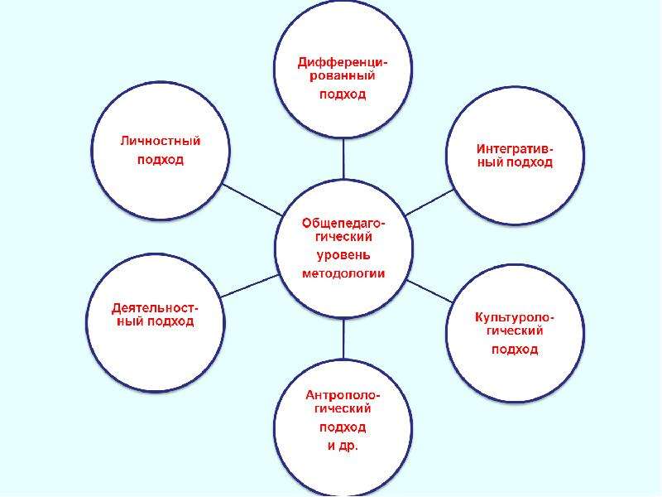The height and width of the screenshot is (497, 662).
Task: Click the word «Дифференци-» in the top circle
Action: click(x=343, y=63)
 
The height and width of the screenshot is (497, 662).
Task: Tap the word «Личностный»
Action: click(x=161, y=140)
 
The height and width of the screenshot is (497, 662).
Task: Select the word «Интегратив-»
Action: click(x=515, y=149)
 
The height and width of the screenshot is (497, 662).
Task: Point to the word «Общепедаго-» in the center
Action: click(x=343, y=223)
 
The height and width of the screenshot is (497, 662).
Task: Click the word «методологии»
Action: click(x=343, y=273)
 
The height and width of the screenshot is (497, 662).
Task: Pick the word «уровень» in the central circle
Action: click(x=343, y=255)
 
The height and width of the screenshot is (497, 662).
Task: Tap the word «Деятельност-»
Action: click(x=155, y=308)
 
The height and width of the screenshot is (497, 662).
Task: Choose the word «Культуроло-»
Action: click(x=515, y=317)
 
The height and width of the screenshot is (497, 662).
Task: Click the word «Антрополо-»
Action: click(x=343, y=395)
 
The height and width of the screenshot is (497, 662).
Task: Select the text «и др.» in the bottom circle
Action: click(x=343, y=446)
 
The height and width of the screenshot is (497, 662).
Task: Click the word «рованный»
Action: click(x=343, y=76)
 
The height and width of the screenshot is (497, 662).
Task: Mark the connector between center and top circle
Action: click(x=343, y=158)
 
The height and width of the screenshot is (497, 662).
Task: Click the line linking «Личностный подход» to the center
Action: click(x=252, y=200)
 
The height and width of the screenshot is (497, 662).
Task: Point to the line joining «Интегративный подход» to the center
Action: click(x=429, y=202)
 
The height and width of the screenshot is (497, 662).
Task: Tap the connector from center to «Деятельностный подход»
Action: click(x=251, y=286)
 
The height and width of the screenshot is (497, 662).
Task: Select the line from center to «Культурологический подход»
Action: click(x=429, y=292)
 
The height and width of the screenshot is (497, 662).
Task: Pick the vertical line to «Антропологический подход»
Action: click(x=343, y=339)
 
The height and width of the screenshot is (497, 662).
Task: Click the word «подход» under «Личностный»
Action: click(x=161, y=160)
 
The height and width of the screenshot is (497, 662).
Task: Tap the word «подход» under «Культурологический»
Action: click(x=515, y=350)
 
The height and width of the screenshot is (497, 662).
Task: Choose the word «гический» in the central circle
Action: click(x=343, y=237)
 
